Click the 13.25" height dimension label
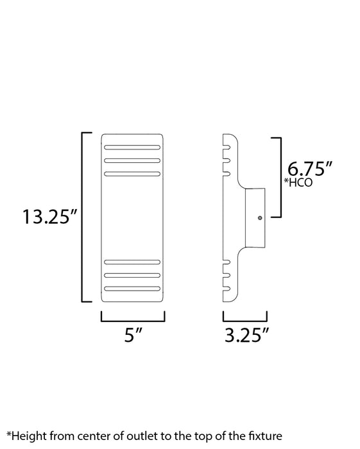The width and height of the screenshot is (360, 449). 50,217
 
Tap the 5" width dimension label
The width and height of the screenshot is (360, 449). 133,336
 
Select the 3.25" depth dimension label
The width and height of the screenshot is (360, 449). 245,336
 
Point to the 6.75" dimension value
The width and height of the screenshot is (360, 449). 310,169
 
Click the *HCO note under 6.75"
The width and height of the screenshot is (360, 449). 300,183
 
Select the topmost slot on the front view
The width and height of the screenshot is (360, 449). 133,148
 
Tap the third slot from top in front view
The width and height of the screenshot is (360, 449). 133,173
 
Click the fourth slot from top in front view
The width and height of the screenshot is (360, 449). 133,262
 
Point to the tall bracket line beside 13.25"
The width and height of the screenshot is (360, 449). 82,217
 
